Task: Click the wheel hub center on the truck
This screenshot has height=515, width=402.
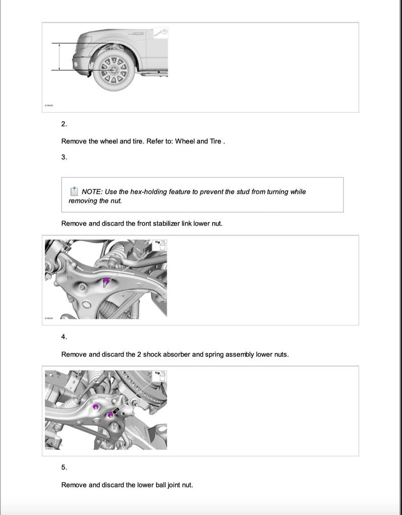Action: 114,69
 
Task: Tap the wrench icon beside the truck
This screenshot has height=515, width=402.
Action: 161,33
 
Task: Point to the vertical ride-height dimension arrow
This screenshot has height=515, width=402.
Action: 60,57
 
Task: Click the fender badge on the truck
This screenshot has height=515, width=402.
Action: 137,33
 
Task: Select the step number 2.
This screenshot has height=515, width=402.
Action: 64,124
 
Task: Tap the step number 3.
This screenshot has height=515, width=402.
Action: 64,157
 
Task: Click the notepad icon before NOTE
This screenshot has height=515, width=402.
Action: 74,191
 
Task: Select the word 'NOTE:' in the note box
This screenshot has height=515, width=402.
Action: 92,192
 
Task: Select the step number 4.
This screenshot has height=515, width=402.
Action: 64,337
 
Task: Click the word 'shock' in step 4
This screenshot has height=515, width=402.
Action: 153,354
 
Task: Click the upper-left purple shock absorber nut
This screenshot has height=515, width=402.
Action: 96,406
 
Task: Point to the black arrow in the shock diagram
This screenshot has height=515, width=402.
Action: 116,411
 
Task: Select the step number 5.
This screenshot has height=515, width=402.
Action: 64,467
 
